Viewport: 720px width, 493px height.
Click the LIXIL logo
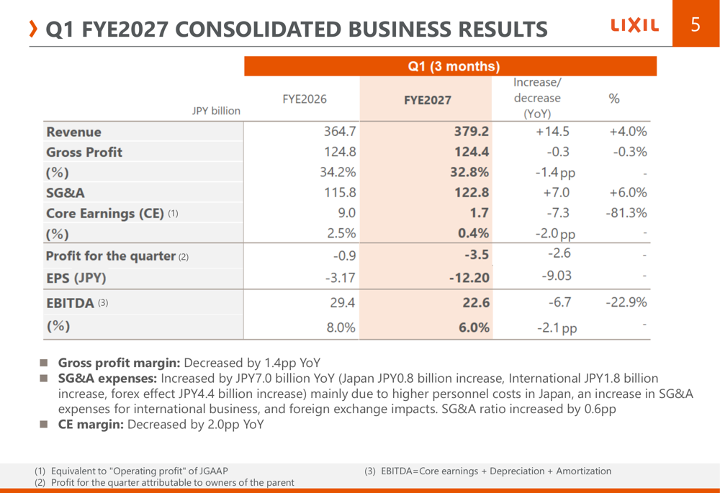[634, 24]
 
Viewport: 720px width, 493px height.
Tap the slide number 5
[696, 24]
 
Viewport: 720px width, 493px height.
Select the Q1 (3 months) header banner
[450, 66]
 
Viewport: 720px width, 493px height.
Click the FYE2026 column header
[305, 99]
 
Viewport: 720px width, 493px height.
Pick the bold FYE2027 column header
[428, 100]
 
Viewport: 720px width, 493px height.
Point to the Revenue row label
[73, 132]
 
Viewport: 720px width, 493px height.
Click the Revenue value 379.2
[472, 131]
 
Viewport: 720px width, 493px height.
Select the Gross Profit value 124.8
[340, 151]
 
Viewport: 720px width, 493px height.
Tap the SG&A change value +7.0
[556, 192]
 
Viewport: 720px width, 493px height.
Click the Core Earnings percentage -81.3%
[626, 213]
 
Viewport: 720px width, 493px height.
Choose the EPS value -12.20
[469, 278]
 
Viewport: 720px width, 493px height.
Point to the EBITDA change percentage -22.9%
[626, 302]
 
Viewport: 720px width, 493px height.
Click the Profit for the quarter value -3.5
[477, 255]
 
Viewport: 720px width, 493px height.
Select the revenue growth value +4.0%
[628, 132]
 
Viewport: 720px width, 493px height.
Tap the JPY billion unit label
[216, 111]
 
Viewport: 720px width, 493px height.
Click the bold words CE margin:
[91, 424]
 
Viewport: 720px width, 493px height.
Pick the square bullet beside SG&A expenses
[44, 379]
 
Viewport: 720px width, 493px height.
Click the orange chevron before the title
[32, 29]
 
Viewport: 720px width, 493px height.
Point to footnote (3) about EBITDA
[487, 471]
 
